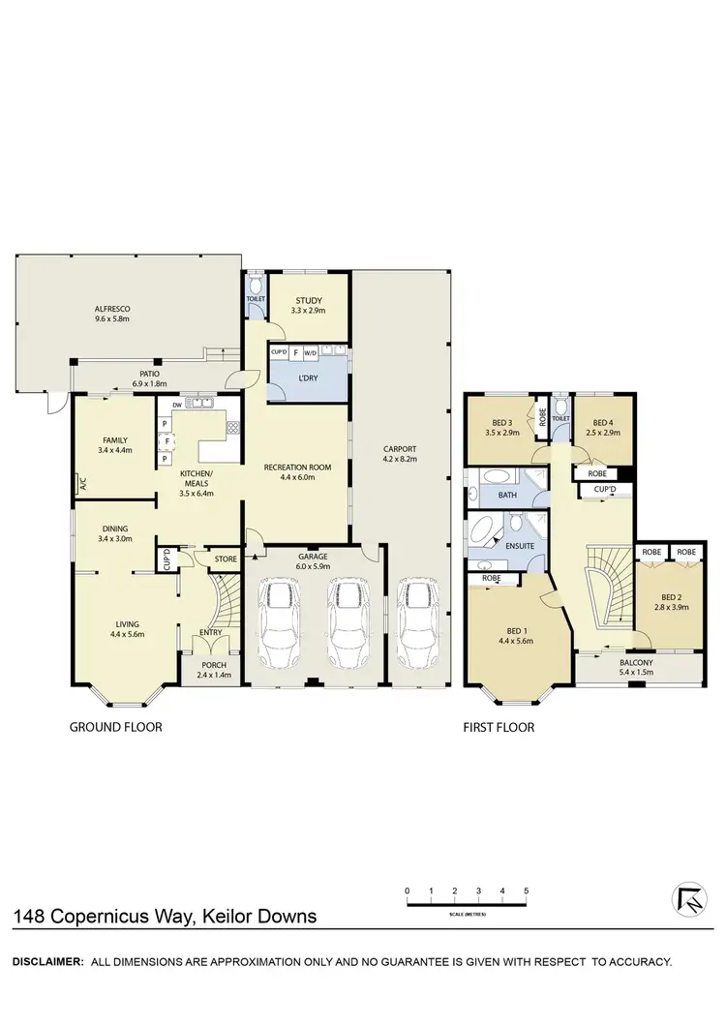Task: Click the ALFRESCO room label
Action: tap(111, 309)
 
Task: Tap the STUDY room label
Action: tap(309, 302)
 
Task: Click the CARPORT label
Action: tap(399, 449)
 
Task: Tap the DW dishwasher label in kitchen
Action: tap(177, 405)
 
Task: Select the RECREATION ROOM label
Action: tap(297, 467)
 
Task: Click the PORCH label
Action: tap(210, 665)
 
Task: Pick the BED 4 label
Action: tap(603, 422)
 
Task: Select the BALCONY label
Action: tap(636, 663)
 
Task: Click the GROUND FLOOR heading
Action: tap(114, 726)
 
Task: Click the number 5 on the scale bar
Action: tap(526, 890)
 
